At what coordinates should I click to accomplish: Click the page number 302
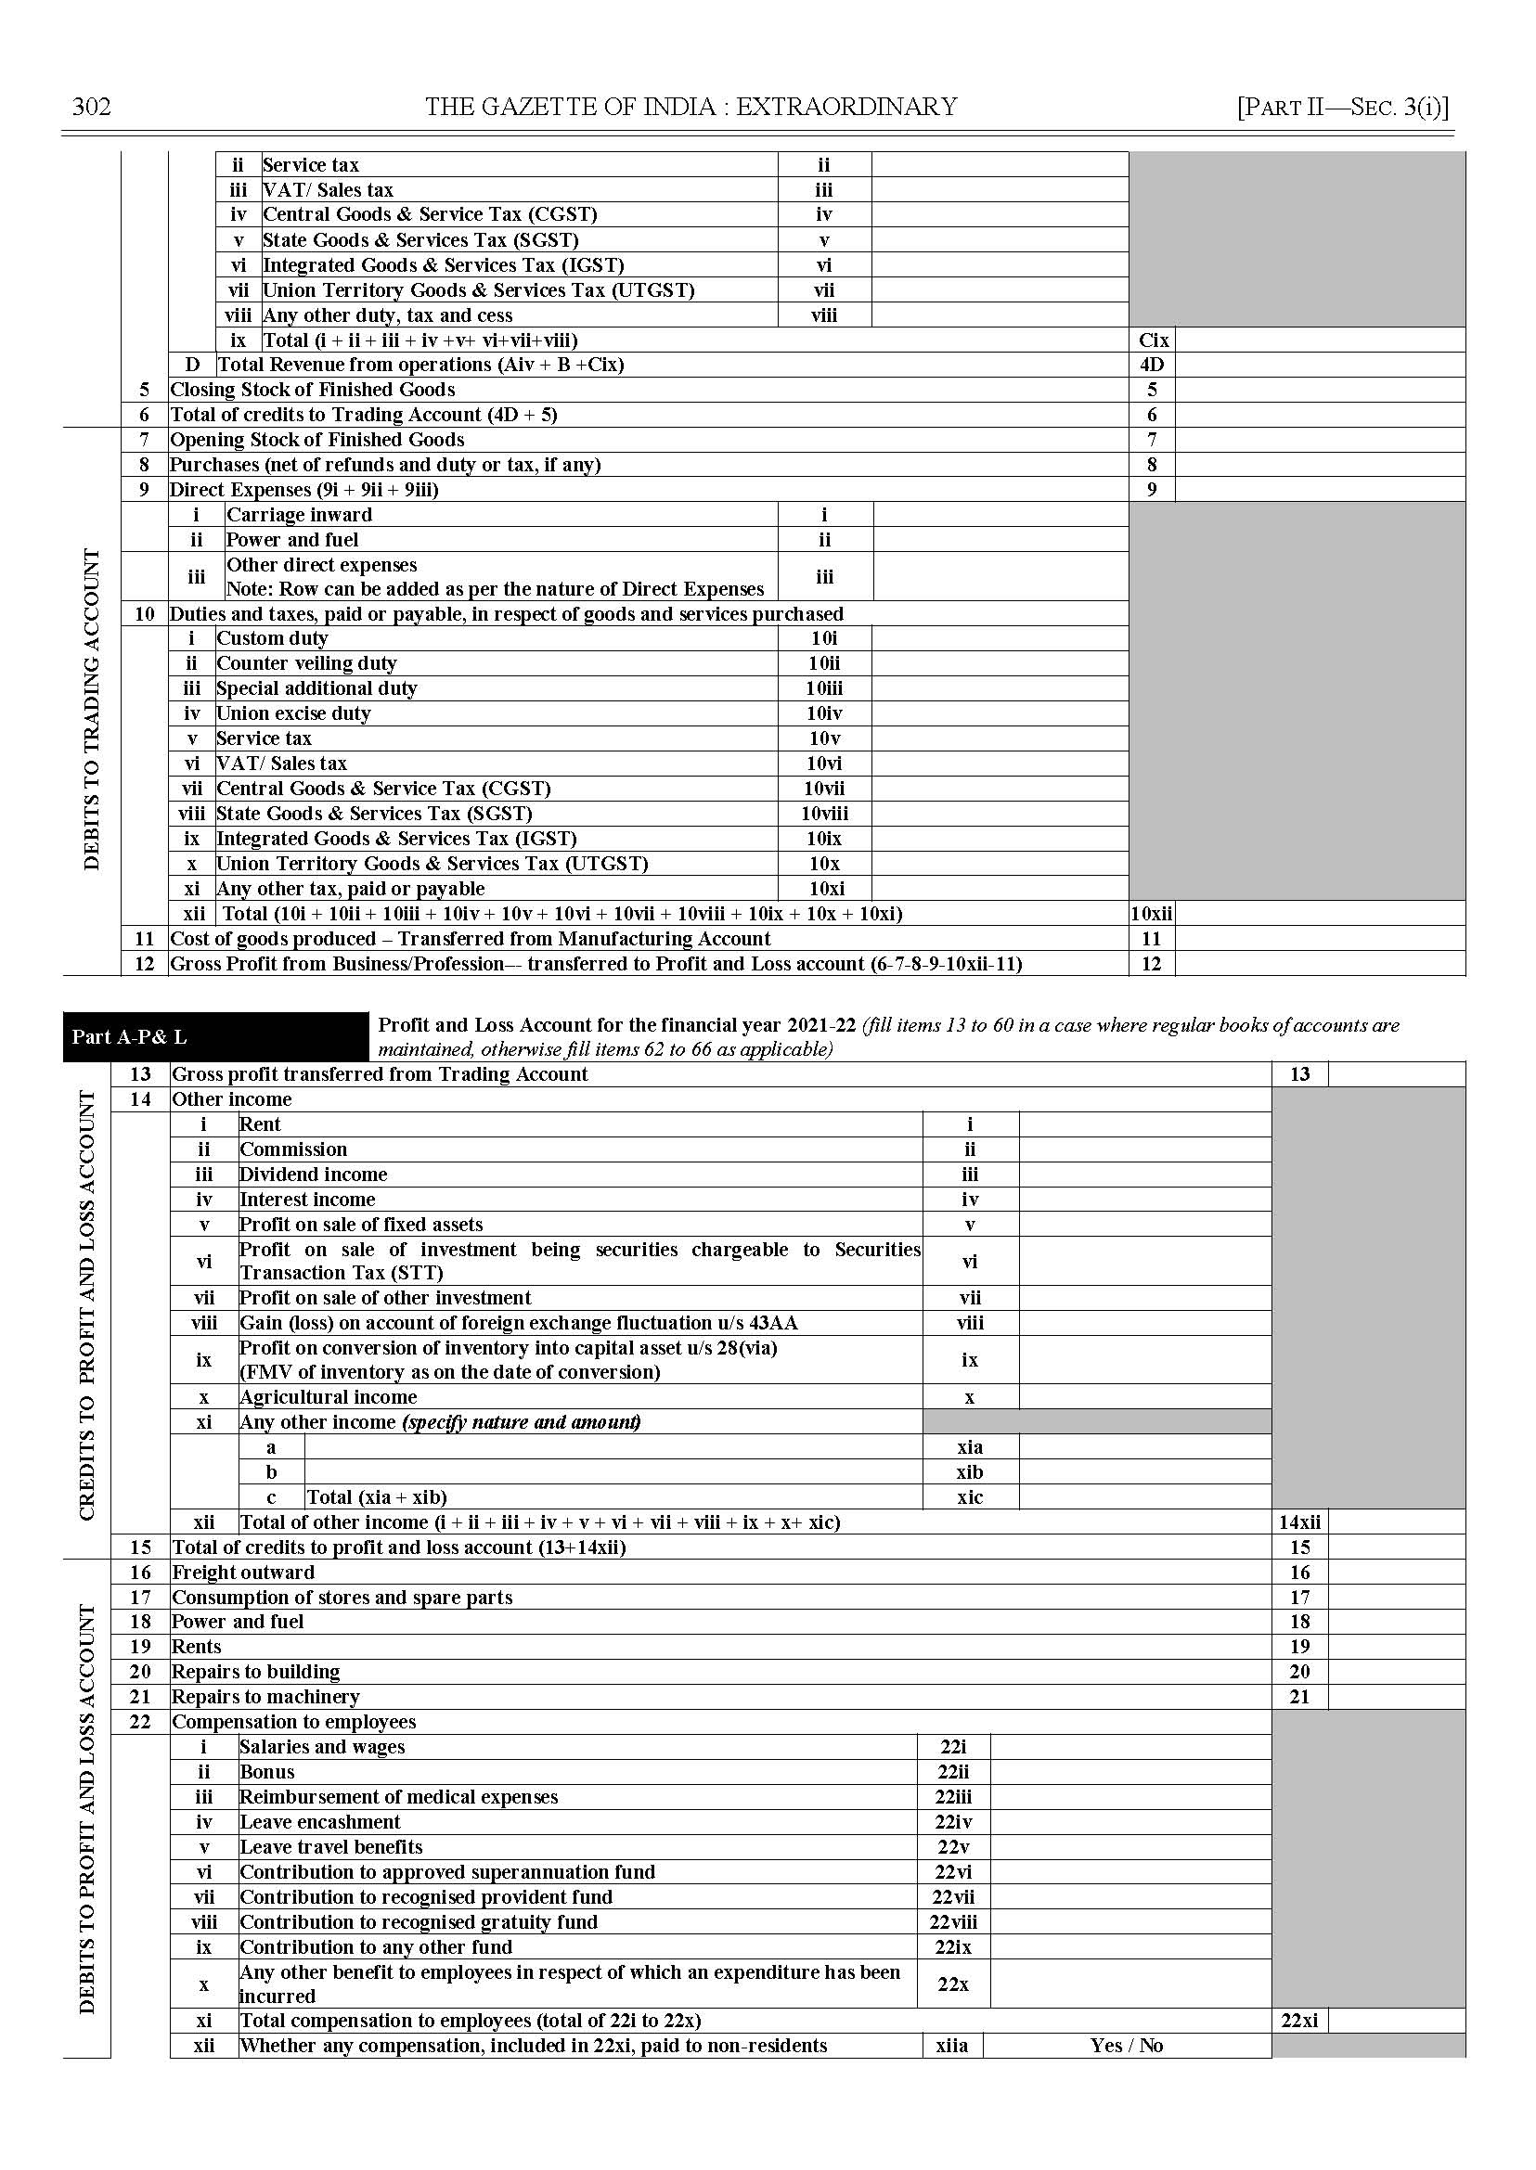pos(92,107)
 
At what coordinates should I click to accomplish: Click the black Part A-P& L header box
pos(215,1036)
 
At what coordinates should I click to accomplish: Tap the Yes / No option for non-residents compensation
pos(1126,2045)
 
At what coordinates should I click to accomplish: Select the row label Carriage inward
pos(299,514)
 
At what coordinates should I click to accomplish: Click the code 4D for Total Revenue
pos(1151,365)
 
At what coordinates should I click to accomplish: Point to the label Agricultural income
pos(328,1396)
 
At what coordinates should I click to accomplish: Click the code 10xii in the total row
pos(1151,914)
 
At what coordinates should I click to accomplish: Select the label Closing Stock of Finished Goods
pos(312,390)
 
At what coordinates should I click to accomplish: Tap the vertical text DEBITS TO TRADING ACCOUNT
pos(92,708)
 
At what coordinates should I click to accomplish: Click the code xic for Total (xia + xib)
pos(970,1496)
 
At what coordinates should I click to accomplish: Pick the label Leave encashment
pos(319,1821)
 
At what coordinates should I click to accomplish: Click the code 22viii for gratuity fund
pos(952,1921)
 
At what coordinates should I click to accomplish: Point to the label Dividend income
pos(313,1175)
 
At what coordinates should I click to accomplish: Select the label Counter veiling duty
pos(306,662)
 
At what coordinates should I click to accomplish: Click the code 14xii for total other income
pos(1299,1522)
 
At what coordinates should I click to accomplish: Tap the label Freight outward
pos(243,1573)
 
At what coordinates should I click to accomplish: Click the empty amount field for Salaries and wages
pos(1129,1746)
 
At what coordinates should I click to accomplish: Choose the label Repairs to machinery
pos(265,1696)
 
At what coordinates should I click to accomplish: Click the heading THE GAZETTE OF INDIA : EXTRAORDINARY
pos(691,107)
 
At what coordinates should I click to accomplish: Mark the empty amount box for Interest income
pos(1144,1199)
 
